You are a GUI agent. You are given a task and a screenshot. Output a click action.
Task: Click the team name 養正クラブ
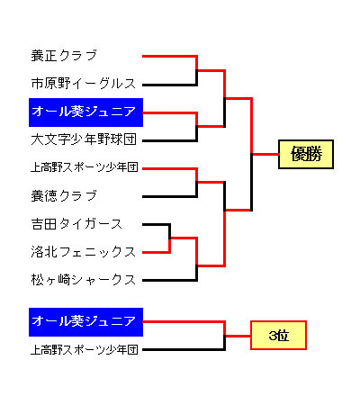coord(64,56)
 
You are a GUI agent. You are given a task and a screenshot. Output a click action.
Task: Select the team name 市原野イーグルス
coord(84,84)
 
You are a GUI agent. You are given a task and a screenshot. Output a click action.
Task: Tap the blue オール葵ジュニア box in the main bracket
coord(85,112)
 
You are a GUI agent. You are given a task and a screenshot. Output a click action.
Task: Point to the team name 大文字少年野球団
coord(84,139)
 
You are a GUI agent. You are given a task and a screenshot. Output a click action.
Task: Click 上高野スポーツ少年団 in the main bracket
coord(85,167)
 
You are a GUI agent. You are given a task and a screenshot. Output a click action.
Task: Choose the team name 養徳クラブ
coord(64,196)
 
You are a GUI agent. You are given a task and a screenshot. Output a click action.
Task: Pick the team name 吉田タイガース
coord(76,224)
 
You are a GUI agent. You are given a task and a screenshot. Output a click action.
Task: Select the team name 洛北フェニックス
coord(84,252)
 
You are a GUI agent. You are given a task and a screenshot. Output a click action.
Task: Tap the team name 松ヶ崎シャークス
coord(84,280)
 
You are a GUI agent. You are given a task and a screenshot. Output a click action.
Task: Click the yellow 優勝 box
coord(306,154)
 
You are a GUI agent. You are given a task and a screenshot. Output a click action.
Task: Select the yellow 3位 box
coord(278,336)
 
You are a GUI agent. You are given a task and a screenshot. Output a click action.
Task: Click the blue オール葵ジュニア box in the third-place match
coord(85,322)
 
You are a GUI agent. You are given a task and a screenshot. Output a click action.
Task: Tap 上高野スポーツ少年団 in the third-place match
coord(85,349)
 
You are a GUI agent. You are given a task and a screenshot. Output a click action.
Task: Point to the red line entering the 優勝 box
coord(265,155)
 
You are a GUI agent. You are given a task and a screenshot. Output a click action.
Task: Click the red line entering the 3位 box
coord(238,336)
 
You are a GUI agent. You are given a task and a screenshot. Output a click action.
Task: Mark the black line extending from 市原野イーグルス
coord(169,85)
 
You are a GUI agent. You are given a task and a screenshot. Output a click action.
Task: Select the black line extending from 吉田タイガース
coord(156,224)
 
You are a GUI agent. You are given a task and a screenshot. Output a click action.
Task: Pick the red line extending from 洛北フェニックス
coord(156,252)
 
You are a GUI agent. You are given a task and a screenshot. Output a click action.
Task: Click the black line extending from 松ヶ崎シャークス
coord(169,281)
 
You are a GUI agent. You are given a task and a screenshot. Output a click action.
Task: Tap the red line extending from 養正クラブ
coord(169,56)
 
